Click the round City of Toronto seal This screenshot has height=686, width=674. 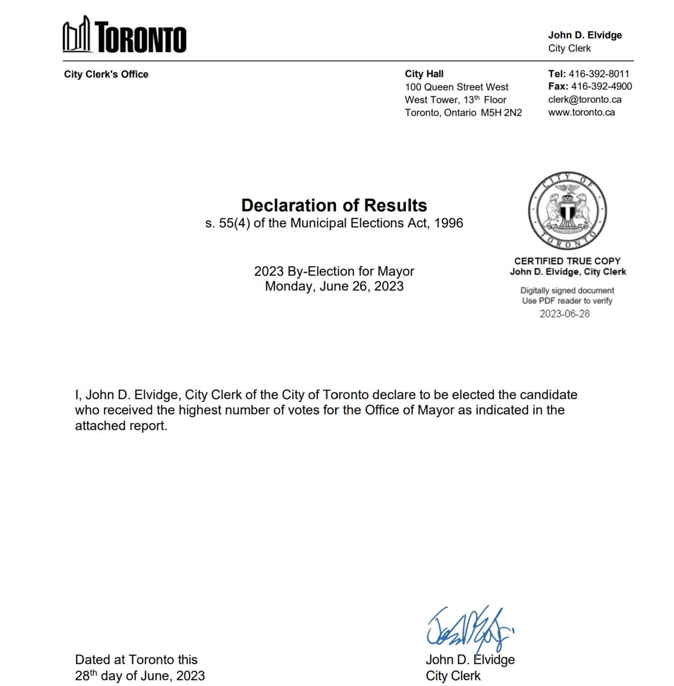click(567, 211)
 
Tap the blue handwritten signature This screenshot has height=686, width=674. click(469, 628)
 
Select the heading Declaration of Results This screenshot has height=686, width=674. click(334, 205)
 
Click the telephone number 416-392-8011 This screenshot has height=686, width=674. click(599, 74)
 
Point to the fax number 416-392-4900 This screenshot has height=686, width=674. click(601, 86)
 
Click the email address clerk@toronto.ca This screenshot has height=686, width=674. click(584, 100)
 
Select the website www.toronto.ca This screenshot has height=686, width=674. click(581, 113)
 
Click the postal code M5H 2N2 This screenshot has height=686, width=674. click(501, 113)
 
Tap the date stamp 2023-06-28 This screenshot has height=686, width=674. click(564, 314)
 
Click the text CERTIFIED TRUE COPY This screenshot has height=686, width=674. click(567, 261)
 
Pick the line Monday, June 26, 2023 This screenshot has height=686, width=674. click(334, 286)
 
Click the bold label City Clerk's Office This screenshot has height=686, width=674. click(106, 74)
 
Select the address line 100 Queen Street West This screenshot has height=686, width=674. click(456, 87)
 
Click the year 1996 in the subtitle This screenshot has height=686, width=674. click(448, 223)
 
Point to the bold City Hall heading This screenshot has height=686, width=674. click(424, 74)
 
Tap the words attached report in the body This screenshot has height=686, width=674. click(121, 426)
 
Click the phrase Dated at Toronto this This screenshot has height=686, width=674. click(136, 660)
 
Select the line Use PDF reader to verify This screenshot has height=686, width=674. click(567, 301)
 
